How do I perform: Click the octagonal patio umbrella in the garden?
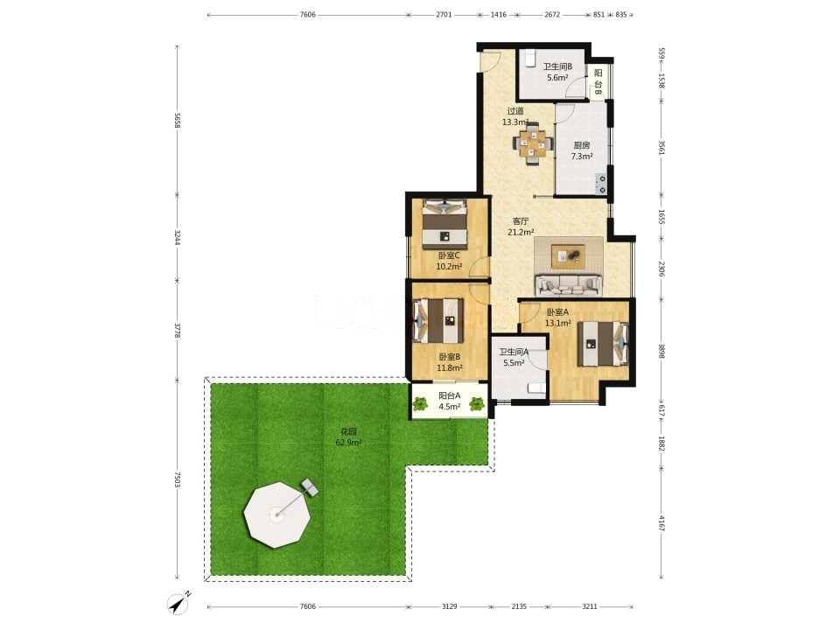coord(277,514)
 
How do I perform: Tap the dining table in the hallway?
coord(533,143)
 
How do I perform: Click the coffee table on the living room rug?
coord(569,256)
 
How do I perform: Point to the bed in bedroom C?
coord(444,223)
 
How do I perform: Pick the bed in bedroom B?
coord(438,321)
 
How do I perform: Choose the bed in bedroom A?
coord(603,343)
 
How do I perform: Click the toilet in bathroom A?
coord(536,388)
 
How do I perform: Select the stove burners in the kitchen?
coord(602,184)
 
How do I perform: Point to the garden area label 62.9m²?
coord(348,443)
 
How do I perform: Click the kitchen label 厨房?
coord(582,145)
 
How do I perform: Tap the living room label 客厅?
coord(521,220)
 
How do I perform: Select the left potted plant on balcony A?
coord(421,403)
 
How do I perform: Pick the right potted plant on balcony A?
coord(477,403)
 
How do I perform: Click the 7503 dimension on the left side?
coord(178,480)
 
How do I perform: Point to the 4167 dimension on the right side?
coord(661,523)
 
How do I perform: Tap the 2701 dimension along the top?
coord(444,15)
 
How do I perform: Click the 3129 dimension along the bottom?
coord(450,606)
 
